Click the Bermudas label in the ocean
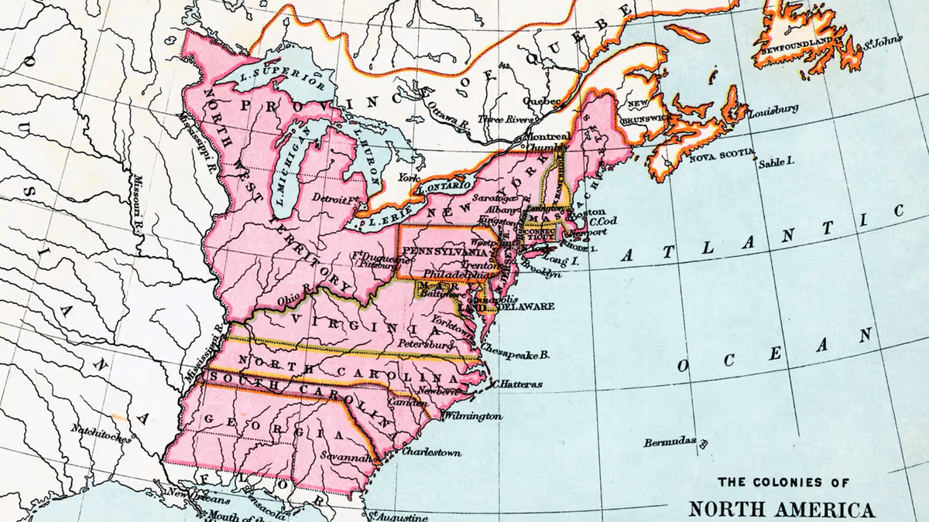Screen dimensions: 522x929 pyautogui.click(x=670, y=443)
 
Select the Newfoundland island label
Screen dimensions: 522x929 pyautogui.click(x=793, y=39)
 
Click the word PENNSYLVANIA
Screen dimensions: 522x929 pyautogui.click(x=445, y=252)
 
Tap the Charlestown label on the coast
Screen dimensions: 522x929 pyautogui.click(x=430, y=452)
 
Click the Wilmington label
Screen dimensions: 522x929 pyautogui.click(x=472, y=416)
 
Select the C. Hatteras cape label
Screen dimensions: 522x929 pyautogui.click(x=517, y=384)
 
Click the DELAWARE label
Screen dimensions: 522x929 pyautogui.click(x=526, y=306)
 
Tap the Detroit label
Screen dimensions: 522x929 pyautogui.click(x=328, y=199)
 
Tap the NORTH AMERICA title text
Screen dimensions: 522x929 pyautogui.click(x=782, y=510)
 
